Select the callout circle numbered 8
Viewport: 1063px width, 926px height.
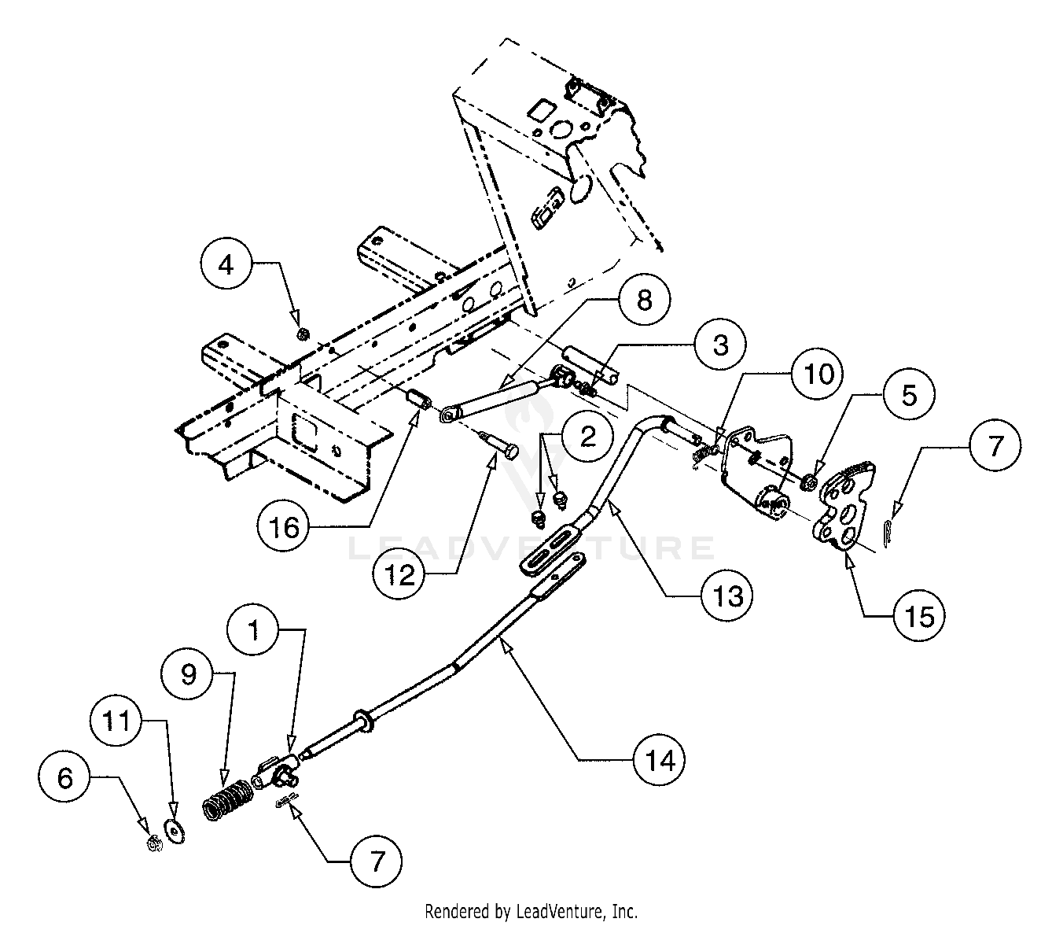point(645,301)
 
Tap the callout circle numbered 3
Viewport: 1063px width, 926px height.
point(721,345)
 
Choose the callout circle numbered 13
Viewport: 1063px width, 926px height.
point(726,596)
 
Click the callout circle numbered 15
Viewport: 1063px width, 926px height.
point(918,616)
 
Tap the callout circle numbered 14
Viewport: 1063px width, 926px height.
point(660,759)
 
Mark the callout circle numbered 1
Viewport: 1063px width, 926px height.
point(254,631)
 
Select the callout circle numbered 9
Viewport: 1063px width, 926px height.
point(189,674)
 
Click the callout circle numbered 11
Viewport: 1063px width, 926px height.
point(118,721)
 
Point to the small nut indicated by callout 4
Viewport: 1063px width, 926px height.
point(303,335)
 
